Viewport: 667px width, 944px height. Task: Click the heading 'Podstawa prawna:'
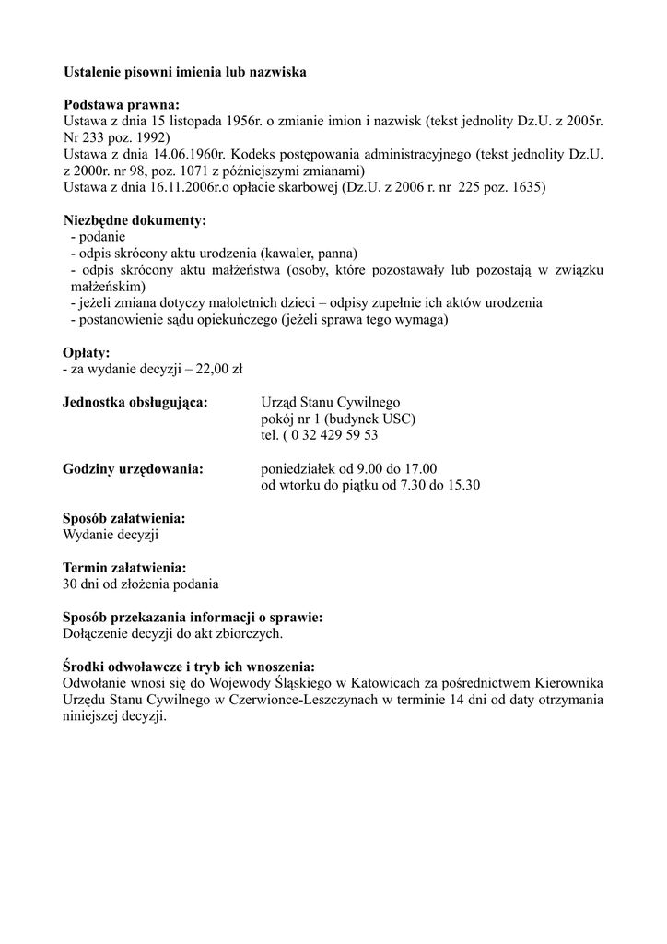pyautogui.click(x=121, y=104)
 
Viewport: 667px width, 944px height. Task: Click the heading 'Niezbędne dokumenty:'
pyautogui.click(x=135, y=221)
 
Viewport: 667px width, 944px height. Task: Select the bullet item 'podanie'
pyautogui.click(x=99, y=237)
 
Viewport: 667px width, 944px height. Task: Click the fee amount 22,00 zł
pyautogui.click(x=217, y=370)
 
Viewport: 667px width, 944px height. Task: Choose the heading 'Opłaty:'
pyautogui.click(x=87, y=353)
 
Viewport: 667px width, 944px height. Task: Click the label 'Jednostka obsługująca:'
pyautogui.click(x=135, y=402)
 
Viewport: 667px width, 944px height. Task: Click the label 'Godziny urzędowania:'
pyautogui.click(x=133, y=468)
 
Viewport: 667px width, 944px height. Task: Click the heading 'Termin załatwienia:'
pyautogui.click(x=124, y=568)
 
